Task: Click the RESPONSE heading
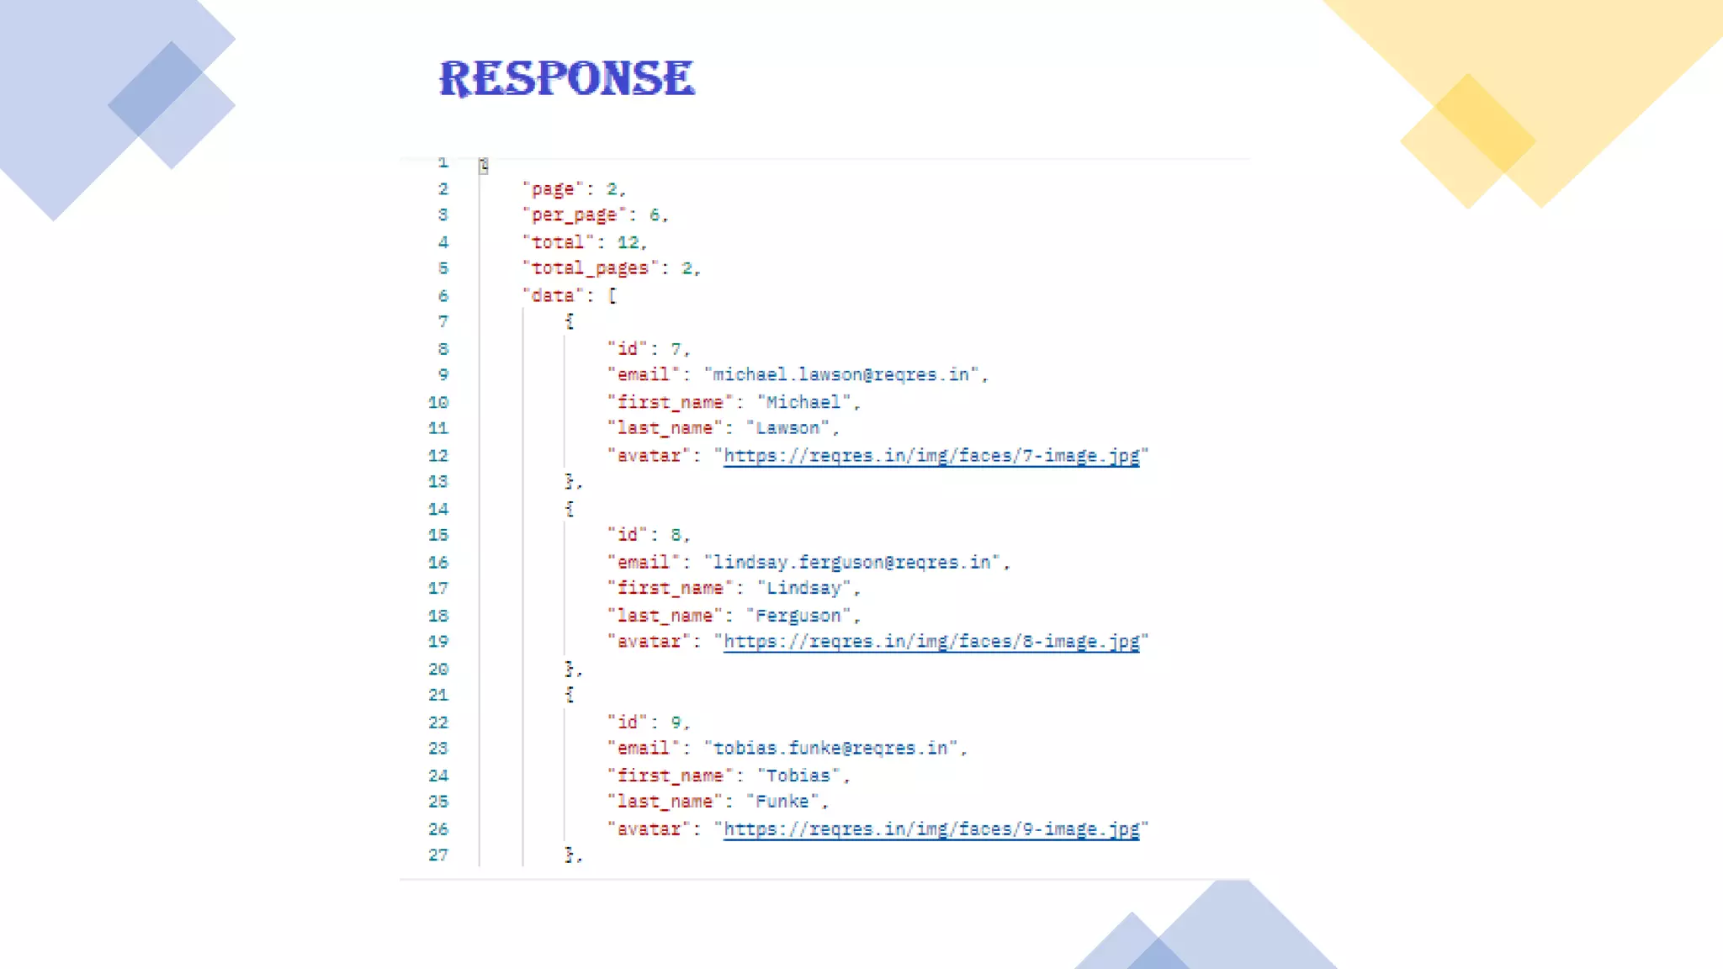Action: [x=567, y=78]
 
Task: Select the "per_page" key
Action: [x=574, y=215]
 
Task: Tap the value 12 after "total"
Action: [x=628, y=242]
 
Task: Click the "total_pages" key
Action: [x=590, y=268]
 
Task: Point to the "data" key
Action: [x=553, y=295]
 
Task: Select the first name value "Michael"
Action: [x=803, y=402]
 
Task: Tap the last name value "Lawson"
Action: [x=787, y=428]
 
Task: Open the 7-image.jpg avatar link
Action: [x=930, y=456]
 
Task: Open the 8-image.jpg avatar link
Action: [x=930, y=642]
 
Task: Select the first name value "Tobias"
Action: [x=798, y=776]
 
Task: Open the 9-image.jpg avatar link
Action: [x=930, y=829]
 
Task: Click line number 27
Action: [x=438, y=855]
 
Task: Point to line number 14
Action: [x=438, y=509]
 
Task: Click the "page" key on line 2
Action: [x=553, y=189]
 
